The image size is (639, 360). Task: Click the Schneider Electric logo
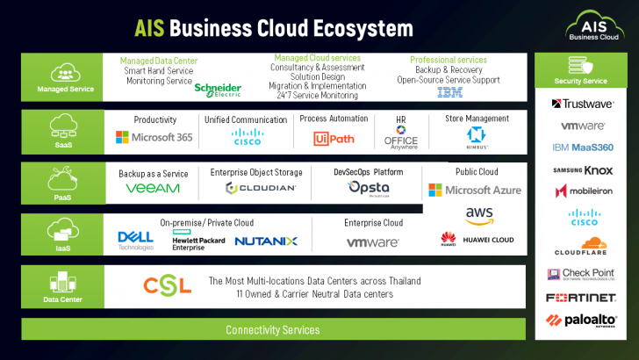click(218, 89)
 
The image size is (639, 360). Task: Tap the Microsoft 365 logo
click(154, 137)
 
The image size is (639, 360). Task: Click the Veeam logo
click(153, 188)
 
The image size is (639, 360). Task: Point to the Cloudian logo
click(261, 188)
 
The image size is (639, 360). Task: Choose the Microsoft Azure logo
click(475, 190)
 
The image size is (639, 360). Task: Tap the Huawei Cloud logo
click(477, 239)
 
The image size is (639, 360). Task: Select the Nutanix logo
click(266, 240)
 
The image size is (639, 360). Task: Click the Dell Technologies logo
click(135, 240)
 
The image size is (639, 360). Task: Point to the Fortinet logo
click(581, 298)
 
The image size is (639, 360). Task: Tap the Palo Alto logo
click(581, 320)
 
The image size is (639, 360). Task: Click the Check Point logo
click(581, 274)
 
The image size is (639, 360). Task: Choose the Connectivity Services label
click(272, 330)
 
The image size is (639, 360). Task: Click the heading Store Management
click(477, 119)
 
